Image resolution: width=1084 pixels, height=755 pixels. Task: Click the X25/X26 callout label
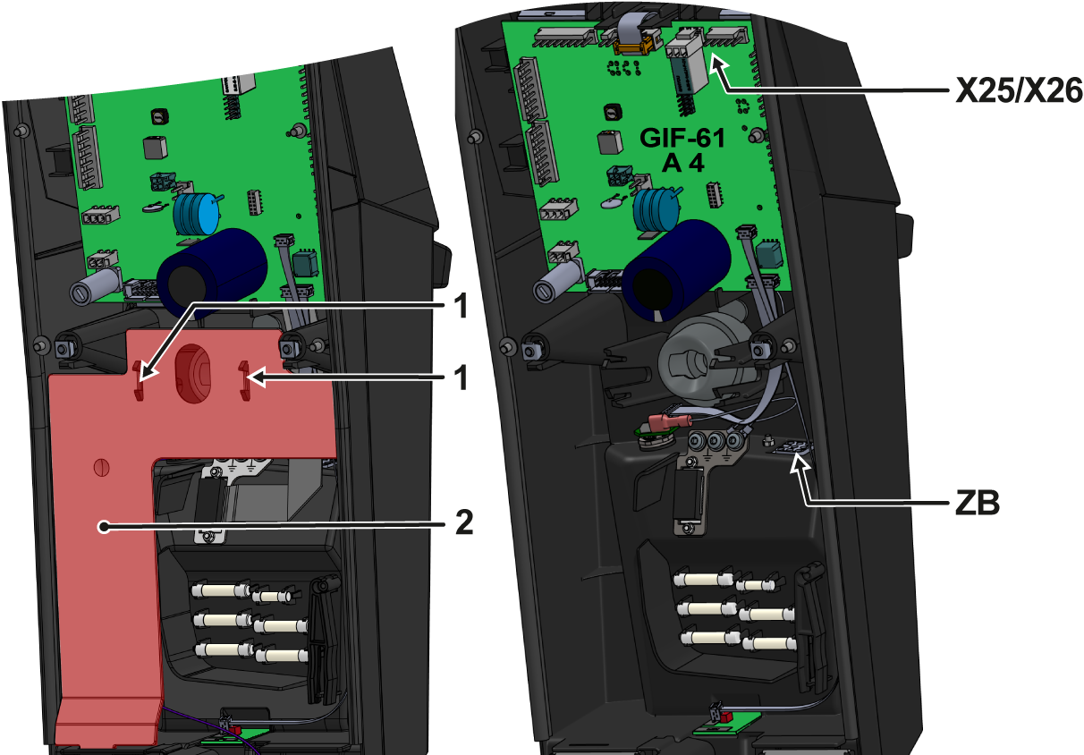pyautogui.click(x=1018, y=90)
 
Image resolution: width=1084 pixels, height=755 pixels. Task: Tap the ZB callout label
pyautogui.click(x=978, y=504)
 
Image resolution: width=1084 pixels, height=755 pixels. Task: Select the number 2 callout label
pyautogui.click(x=464, y=522)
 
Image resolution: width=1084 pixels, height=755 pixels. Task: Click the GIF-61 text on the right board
pyautogui.click(x=682, y=138)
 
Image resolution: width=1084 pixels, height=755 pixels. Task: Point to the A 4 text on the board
pyautogui.click(x=682, y=164)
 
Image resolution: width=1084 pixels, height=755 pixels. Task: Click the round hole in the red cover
pyautogui.click(x=191, y=373)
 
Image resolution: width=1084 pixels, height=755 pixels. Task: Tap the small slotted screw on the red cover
pyautogui.click(x=101, y=467)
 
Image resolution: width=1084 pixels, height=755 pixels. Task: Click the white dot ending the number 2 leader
pyautogui.click(x=104, y=526)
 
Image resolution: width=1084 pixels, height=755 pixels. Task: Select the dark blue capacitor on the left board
pyautogui.click(x=212, y=273)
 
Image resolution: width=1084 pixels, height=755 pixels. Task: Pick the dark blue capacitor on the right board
pyautogui.click(x=676, y=270)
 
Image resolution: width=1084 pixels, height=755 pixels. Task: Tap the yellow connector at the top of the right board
pyautogui.click(x=632, y=46)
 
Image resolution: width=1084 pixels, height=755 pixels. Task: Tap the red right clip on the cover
pyautogui.click(x=245, y=381)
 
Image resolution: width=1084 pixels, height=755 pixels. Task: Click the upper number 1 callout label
pyautogui.click(x=463, y=305)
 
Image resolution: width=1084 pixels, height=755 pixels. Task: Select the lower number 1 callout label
pyautogui.click(x=463, y=377)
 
